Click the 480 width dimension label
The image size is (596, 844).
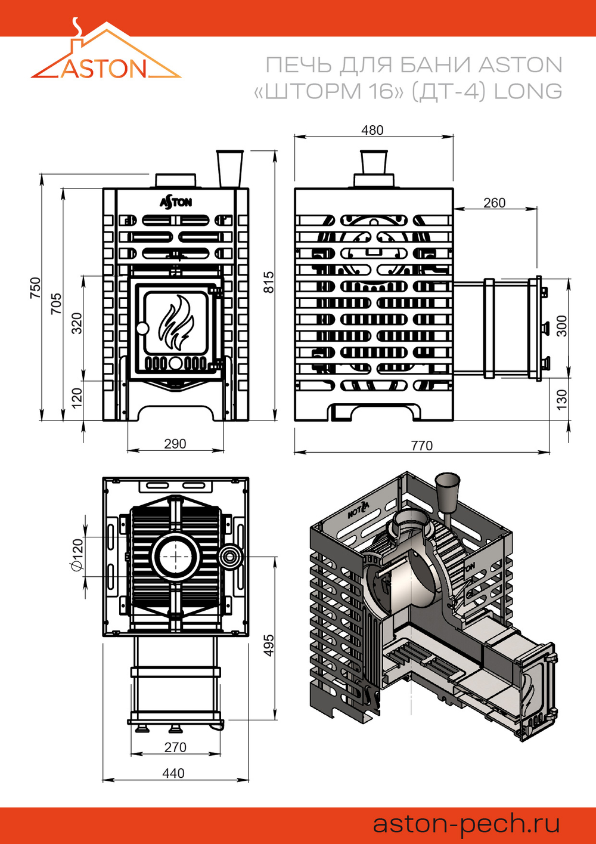(372, 130)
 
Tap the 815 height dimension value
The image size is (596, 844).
(269, 282)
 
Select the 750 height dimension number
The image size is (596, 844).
(35, 288)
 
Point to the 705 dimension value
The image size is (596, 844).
(56, 304)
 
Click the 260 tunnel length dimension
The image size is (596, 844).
(494, 203)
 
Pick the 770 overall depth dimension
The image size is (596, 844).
(422, 446)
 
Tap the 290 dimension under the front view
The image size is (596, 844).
(175, 444)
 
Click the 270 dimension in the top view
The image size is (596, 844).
(175, 747)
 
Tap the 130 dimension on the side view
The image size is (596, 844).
(561, 400)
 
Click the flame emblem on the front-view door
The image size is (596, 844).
(176, 323)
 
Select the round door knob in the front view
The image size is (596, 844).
(142, 329)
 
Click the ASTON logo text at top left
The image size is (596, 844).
(103, 69)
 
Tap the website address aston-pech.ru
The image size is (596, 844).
(466, 824)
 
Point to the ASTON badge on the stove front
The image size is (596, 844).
(176, 202)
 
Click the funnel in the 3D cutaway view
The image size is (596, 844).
(447, 488)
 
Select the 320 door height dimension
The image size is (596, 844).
(77, 323)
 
